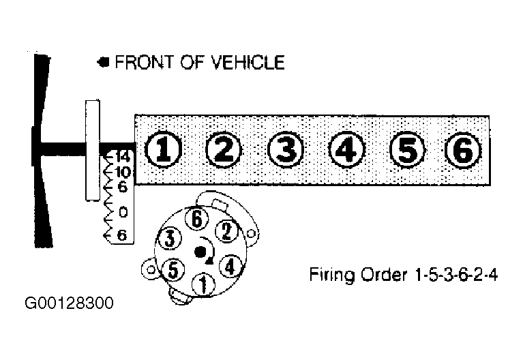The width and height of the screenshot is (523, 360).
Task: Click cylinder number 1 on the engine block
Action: [x=163, y=149]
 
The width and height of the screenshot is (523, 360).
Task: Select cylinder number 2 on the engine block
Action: [x=224, y=149]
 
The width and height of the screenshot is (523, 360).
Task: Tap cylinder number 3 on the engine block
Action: [x=286, y=149]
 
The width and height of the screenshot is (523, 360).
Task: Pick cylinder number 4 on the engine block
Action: [x=346, y=149]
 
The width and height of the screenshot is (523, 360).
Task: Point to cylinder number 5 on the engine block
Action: [x=407, y=149]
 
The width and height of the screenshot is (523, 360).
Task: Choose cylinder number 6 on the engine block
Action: [x=463, y=149]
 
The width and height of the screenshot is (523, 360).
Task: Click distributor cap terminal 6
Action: [x=197, y=219]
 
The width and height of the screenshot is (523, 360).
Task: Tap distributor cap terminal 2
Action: [x=226, y=231]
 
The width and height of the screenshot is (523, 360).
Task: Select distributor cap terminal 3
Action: [x=170, y=238]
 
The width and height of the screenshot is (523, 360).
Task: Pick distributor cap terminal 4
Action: [x=230, y=266]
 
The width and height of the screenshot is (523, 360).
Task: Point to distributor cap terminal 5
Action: [x=173, y=269]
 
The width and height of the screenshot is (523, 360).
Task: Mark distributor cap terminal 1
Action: [x=203, y=284]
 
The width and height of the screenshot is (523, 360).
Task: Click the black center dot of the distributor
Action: [x=200, y=252]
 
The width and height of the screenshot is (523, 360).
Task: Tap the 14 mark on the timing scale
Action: [x=123, y=156]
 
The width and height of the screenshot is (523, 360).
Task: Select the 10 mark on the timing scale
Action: [x=123, y=172]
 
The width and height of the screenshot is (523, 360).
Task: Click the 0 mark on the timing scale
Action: [x=123, y=212]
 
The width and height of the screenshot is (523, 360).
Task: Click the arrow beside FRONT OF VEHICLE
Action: [x=104, y=62]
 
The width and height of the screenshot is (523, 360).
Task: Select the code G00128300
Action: [x=70, y=303]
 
